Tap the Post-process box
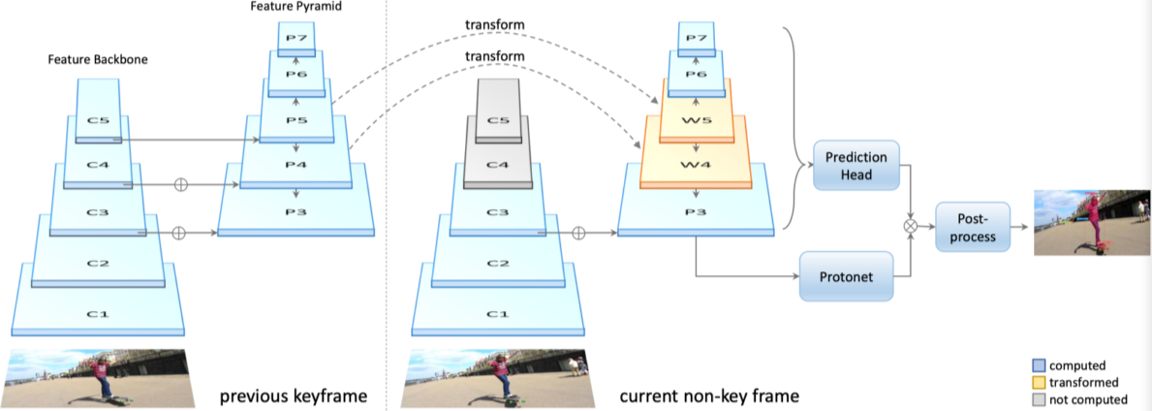point(972,227)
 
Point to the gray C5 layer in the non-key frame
point(498,120)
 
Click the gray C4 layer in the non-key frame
point(498,164)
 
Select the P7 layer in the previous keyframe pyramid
point(296,38)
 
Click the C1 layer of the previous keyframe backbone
point(96,314)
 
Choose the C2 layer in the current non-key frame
point(498,262)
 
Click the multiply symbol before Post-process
point(910,225)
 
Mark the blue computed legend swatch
point(1039,365)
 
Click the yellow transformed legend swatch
point(1039,382)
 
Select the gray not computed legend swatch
point(1039,398)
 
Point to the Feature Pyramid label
point(296,7)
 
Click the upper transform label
point(494,23)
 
